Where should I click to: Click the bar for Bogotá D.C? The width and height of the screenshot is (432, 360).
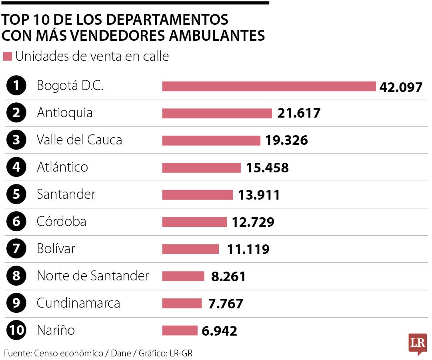269,86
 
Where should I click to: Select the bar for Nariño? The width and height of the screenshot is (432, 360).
180,330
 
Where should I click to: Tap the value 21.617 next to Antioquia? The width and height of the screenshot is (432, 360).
299,113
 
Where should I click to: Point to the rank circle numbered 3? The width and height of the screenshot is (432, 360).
16,140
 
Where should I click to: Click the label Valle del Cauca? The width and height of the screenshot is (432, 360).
79,140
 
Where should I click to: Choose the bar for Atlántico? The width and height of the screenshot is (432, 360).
201,168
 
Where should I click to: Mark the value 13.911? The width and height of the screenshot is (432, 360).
259,195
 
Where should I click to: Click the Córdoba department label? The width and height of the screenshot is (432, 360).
61,222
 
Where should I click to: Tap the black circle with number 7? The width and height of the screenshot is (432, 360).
16,249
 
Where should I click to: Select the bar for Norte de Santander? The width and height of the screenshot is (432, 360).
183,276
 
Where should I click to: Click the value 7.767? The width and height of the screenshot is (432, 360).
226,304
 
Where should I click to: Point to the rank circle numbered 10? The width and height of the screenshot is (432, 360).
16,330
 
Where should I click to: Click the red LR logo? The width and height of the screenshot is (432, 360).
417,343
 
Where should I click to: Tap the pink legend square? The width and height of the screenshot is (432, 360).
7,57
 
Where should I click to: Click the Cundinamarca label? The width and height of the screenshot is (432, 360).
78,303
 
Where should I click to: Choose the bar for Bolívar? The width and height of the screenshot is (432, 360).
190,249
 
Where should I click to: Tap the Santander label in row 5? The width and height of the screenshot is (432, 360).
66,194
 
